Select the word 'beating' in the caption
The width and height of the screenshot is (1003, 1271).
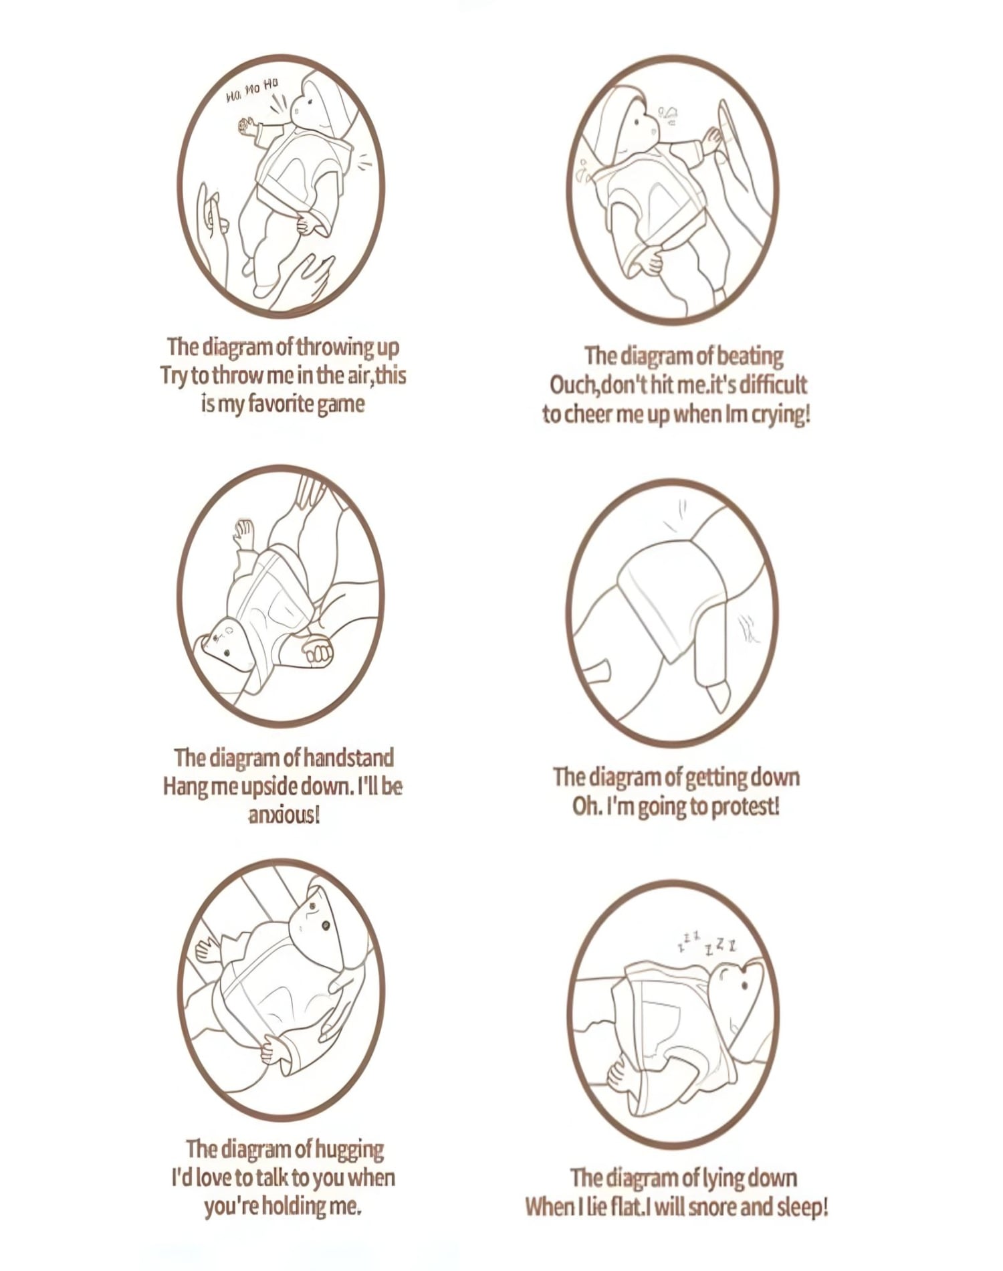click(749, 357)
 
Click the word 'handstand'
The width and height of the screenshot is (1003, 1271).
click(348, 758)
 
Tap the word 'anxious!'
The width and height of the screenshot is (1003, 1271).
click(284, 815)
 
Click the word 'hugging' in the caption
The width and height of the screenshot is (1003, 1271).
click(349, 1149)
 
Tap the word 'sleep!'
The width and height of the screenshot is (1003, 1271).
click(802, 1207)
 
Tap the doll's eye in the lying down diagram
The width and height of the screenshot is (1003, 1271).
click(745, 985)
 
